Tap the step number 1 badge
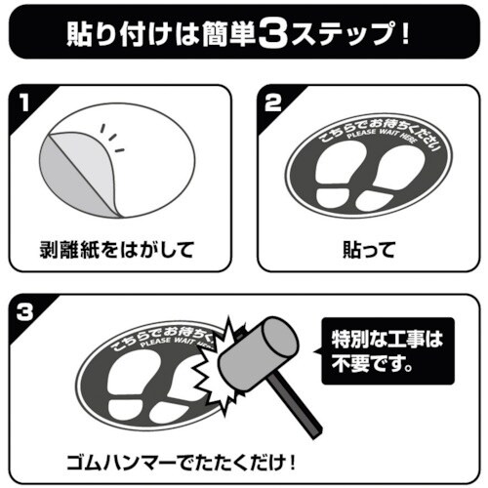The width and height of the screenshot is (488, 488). click(22, 102)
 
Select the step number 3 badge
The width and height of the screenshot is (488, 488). click(22, 311)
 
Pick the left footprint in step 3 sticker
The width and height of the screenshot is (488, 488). click(124, 388)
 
